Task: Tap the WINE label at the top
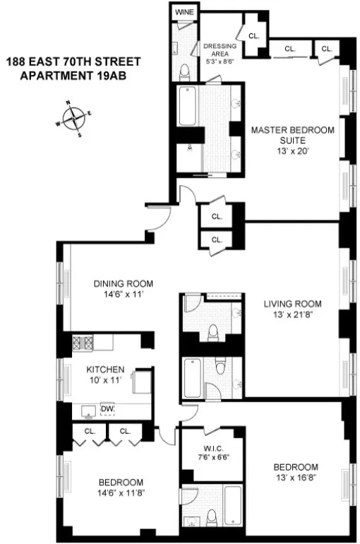185,12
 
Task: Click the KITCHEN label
106,369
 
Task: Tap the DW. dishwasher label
107,409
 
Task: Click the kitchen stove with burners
84,343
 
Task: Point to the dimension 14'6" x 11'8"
123,492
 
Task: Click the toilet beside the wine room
184,70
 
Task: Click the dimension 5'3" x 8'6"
219,61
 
